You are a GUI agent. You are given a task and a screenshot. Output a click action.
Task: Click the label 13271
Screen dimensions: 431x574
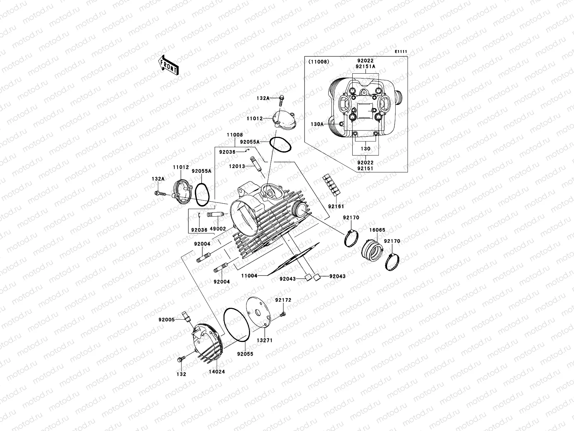tap(264, 340)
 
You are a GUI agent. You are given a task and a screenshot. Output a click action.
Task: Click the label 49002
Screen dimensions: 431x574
tap(218, 229)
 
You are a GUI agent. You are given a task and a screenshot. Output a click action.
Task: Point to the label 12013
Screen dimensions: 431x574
tap(237, 166)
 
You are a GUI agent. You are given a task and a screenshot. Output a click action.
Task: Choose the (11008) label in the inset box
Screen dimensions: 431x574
tap(319, 62)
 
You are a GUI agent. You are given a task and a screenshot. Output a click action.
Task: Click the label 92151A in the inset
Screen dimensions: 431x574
tap(366, 66)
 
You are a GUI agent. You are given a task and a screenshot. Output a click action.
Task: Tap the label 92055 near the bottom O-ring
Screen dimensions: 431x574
tap(245, 354)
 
